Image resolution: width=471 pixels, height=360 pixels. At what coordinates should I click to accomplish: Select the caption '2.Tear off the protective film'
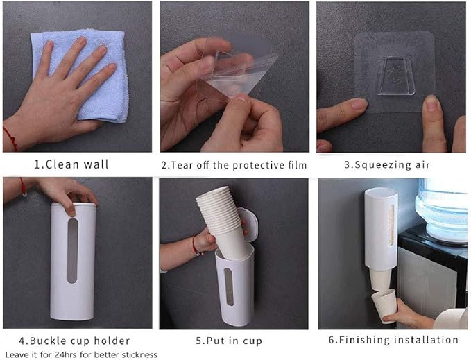pyautogui.click(x=234, y=165)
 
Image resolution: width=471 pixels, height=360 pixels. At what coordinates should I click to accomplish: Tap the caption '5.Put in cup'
pyautogui.click(x=229, y=341)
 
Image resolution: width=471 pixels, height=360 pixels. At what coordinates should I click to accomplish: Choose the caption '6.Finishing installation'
pyautogui.click(x=393, y=340)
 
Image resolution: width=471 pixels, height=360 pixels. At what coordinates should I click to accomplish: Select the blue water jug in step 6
pyautogui.click(x=442, y=208)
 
